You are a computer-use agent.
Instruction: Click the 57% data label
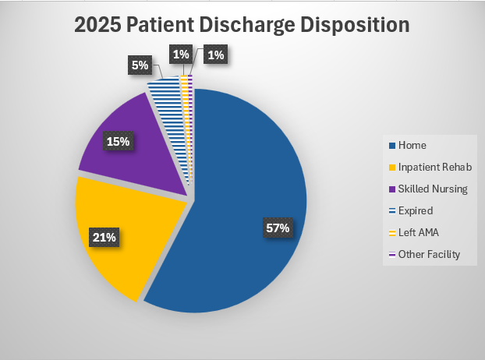[x=277, y=228]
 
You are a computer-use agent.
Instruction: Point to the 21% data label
[x=105, y=237]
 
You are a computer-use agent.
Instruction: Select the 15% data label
[x=120, y=141]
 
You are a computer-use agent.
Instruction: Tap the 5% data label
[x=140, y=65]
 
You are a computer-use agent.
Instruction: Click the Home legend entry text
[x=412, y=145]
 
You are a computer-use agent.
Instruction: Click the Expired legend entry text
[x=415, y=210]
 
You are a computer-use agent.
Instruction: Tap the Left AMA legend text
[x=418, y=232]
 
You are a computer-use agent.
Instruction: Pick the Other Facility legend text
[x=429, y=254]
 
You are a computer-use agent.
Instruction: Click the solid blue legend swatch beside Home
[x=391, y=145]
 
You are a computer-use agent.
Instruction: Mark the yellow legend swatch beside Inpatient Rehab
[x=391, y=167]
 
